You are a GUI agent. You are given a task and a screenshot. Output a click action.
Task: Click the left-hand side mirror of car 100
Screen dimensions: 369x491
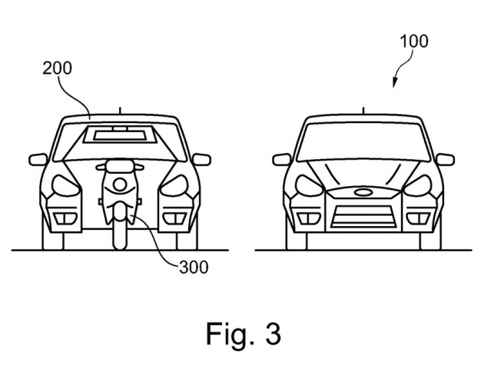[282, 160]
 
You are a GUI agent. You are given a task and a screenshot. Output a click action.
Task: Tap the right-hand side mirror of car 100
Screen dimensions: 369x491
[444, 159]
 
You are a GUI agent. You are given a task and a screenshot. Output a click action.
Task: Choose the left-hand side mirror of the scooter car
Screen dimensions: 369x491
[38, 160]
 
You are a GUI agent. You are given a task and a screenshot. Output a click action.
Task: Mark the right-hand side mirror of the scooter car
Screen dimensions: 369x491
[201, 159]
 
